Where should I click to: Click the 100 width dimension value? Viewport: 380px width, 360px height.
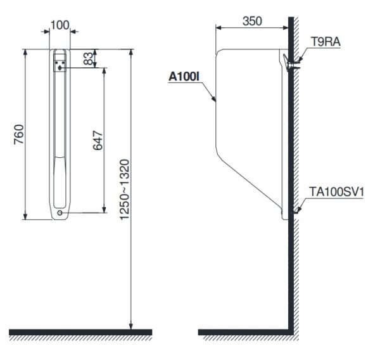click(x=60, y=25)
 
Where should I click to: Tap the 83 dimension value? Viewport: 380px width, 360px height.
click(x=88, y=58)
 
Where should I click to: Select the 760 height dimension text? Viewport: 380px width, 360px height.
click(x=19, y=134)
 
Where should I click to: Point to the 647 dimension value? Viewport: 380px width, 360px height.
click(x=98, y=141)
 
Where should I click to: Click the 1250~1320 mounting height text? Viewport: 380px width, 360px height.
click(x=125, y=190)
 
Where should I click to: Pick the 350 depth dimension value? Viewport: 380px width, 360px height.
click(x=252, y=21)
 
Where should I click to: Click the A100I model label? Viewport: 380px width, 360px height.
click(x=184, y=77)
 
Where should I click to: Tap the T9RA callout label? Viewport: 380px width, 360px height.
click(x=326, y=42)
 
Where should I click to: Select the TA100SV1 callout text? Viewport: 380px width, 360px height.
click(x=337, y=192)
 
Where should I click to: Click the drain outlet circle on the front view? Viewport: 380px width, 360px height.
click(x=60, y=213)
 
